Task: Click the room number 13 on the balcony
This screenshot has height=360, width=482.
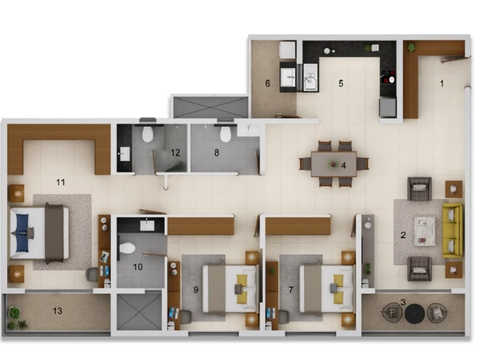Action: [57, 311]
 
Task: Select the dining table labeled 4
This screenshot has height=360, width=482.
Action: [334, 163]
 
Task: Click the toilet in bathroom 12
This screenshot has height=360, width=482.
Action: [148, 134]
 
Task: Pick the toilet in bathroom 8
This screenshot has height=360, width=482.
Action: [225, 134]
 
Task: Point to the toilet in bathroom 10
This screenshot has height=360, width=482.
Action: [127, 248]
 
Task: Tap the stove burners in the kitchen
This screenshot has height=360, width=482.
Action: [388, 77]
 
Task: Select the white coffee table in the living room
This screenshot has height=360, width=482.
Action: [425, 231]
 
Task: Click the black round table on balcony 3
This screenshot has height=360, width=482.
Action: [415, 314]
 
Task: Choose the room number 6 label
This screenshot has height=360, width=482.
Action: [268, 83]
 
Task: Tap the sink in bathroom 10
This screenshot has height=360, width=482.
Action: [147, 226]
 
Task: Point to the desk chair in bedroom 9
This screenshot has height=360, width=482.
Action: [186, 317]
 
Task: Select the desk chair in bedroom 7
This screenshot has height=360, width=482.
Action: [283, 317]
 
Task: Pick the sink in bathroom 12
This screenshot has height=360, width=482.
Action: [125, 154]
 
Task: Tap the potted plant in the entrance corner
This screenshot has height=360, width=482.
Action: [412, 48]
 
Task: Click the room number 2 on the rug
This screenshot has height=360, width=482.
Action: [403, 235]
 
